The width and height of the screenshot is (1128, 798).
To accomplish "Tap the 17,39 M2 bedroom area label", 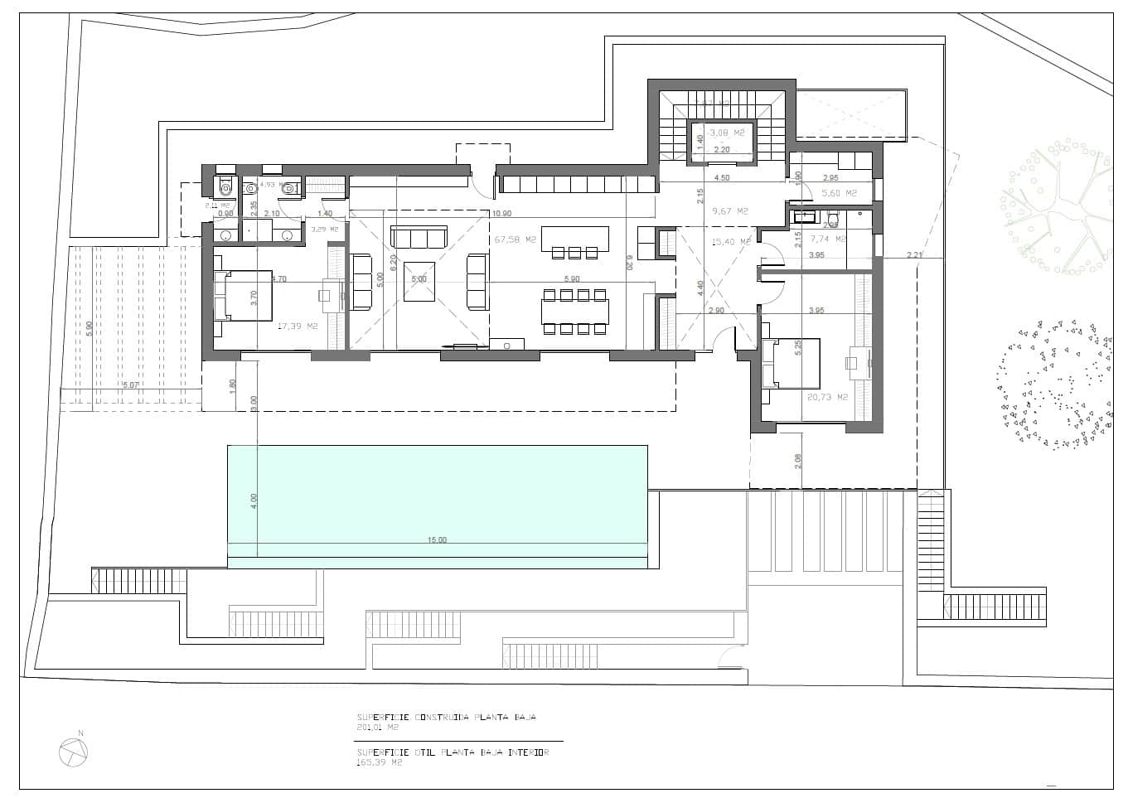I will (298, 326).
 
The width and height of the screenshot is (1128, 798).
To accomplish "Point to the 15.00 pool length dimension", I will (437, 540).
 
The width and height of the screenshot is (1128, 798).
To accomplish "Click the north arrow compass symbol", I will (73, 752).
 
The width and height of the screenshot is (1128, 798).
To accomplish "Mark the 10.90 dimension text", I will (501, 214).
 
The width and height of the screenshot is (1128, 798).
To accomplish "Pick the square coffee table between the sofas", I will (419, 280).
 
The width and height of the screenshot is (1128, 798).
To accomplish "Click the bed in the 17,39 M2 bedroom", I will (243, 294).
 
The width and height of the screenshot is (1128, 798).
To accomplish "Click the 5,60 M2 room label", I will (839, 193).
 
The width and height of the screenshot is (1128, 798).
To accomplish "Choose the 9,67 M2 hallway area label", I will (730, 211).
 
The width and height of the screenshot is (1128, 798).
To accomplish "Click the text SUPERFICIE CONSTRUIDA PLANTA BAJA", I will (452, 718).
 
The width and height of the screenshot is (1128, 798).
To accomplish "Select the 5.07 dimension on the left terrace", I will (131, 385).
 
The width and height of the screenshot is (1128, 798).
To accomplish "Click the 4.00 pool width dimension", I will (254, 501).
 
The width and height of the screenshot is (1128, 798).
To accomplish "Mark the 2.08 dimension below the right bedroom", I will (798, 461).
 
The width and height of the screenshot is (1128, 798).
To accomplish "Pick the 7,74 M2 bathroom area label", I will (828, 239).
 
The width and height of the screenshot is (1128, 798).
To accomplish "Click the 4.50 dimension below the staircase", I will (722, 177).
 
